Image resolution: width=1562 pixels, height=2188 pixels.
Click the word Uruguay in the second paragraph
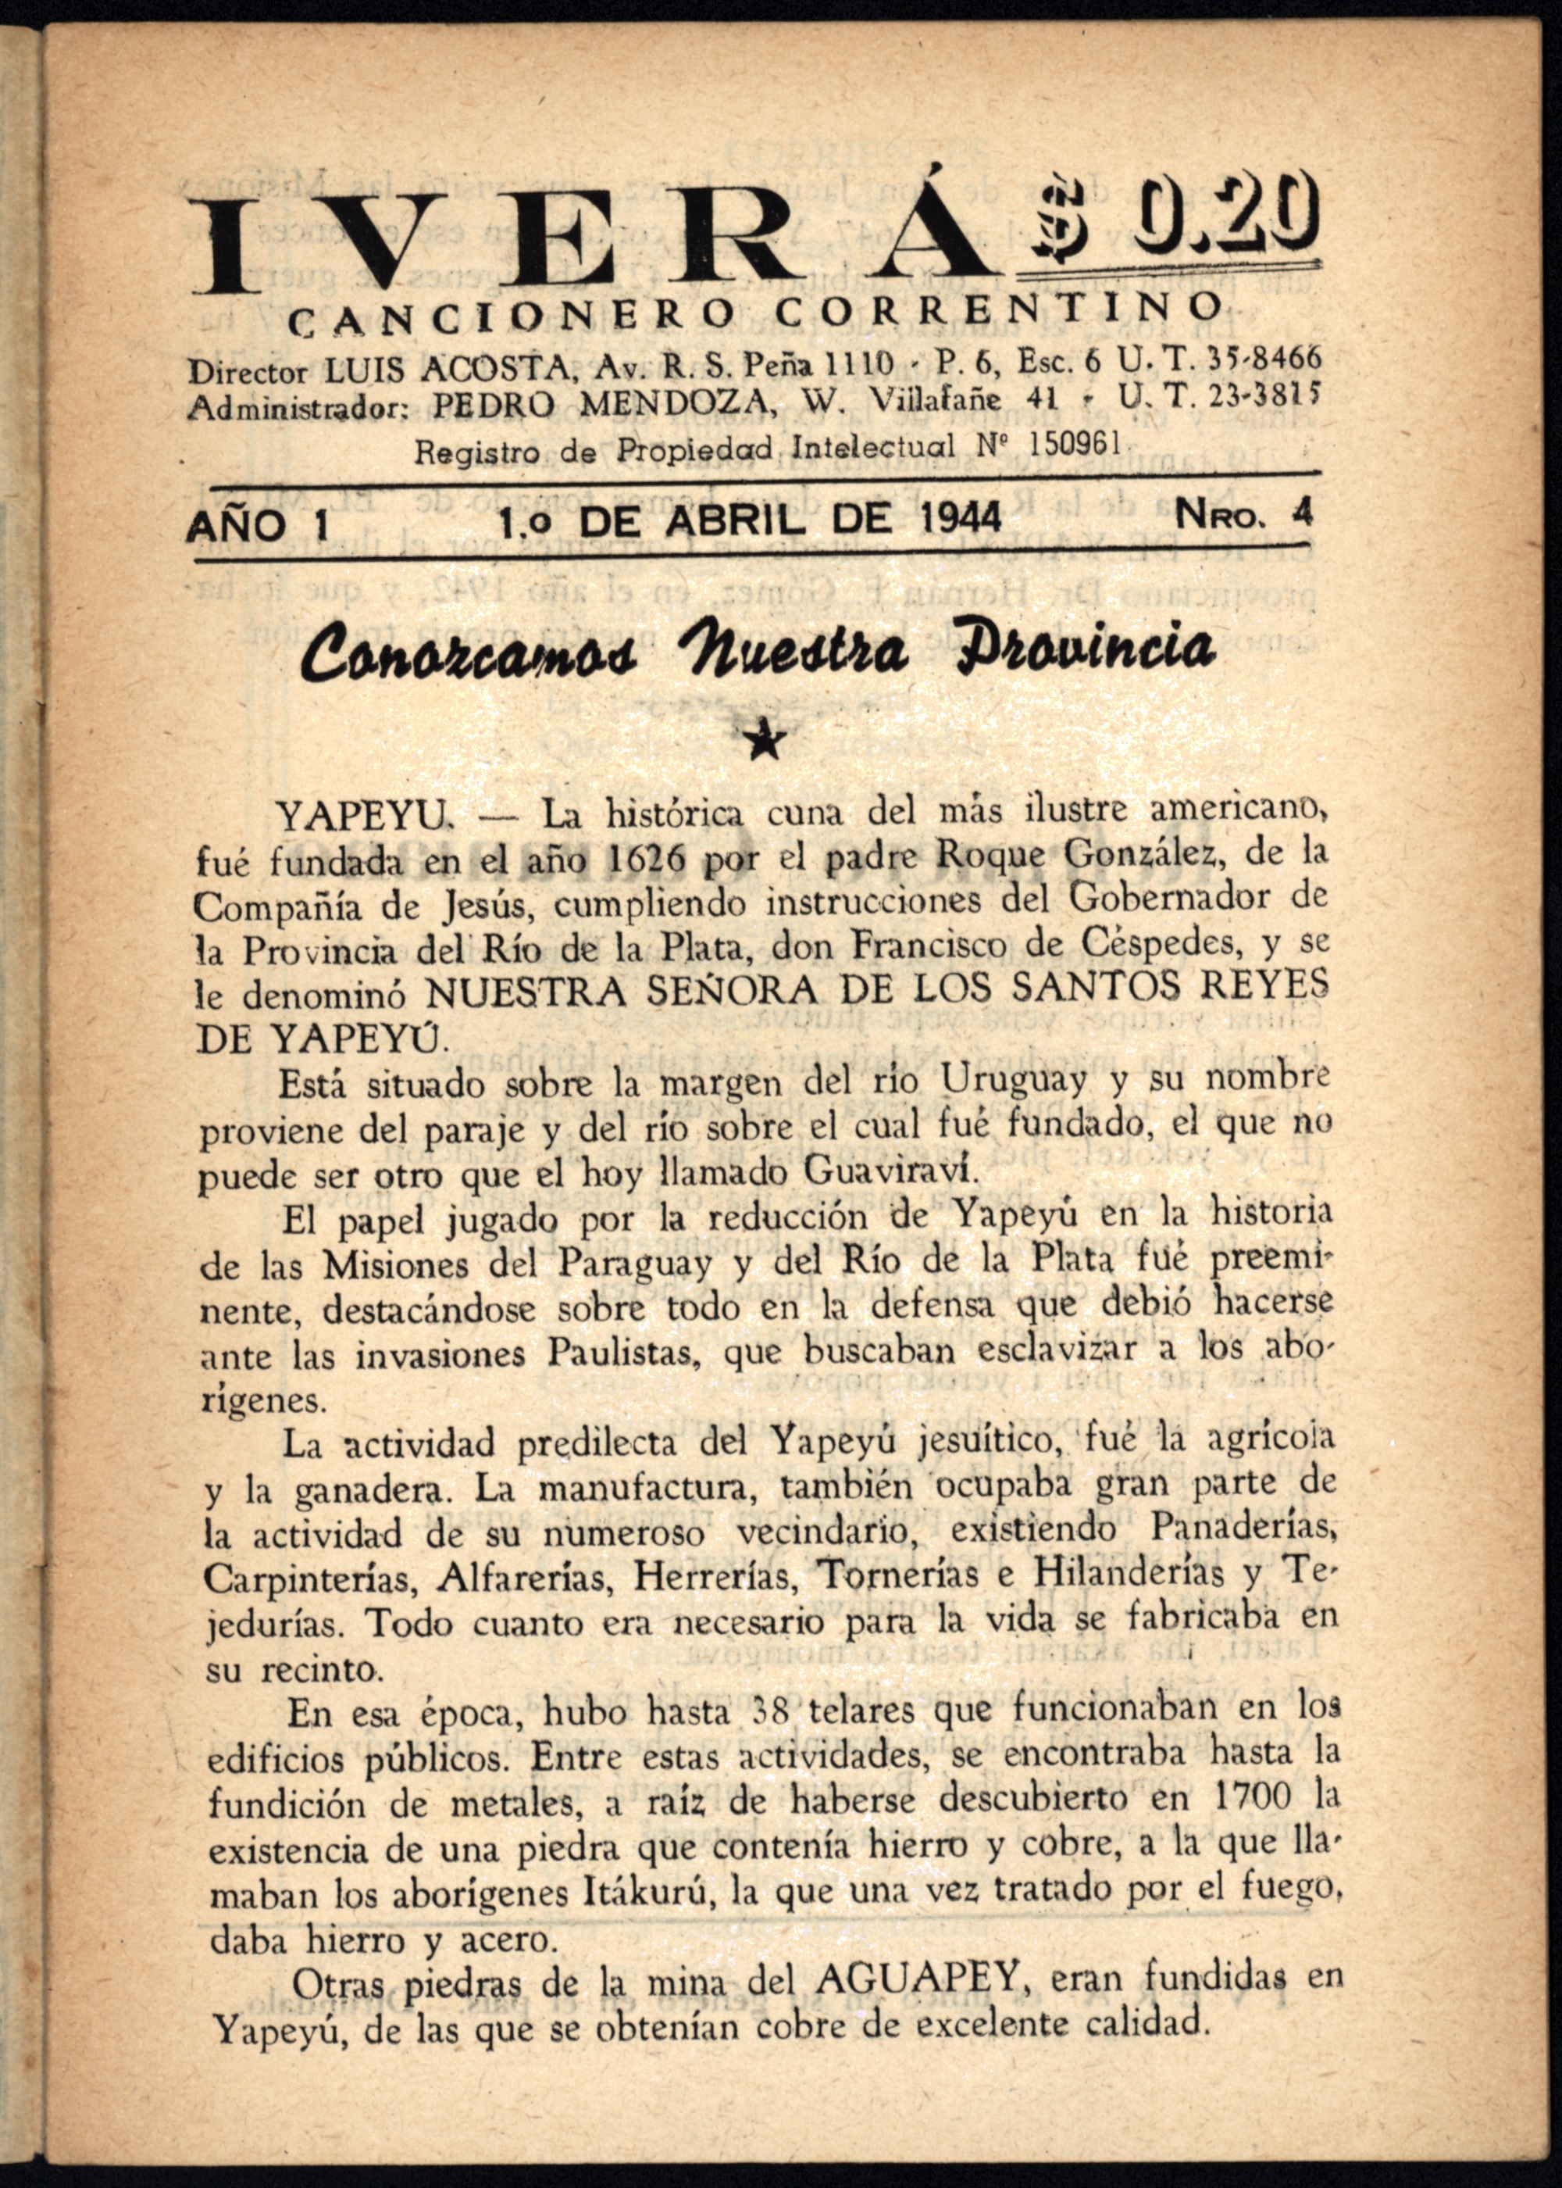coord(1015,1081)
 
